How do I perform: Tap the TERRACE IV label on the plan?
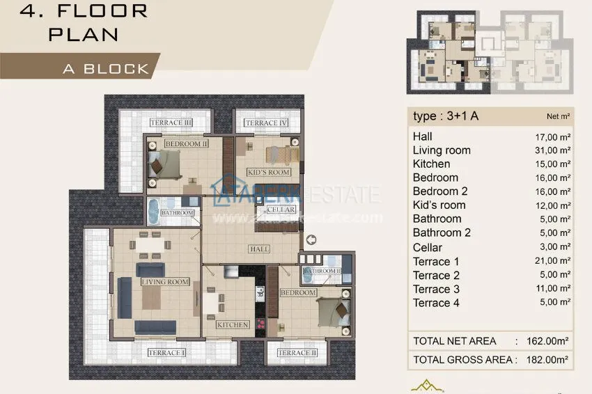tap(265, 123)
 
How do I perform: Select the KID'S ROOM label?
tap(268, 172)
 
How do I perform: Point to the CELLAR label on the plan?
tap(281, 210)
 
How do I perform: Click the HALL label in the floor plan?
tap(259, 249)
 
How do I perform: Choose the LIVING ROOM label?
tap(165, 282)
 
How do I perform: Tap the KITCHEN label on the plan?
tap(233, 324)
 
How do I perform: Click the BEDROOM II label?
tap(187, 144)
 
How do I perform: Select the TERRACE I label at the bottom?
tap(166, 353)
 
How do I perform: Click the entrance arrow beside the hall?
tap(311, 240)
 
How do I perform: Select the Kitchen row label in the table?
tap(431, 164)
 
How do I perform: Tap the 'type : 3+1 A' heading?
tap(446, 116)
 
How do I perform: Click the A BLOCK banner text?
tap(106, 68)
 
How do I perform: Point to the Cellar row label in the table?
tap(427, 248)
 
